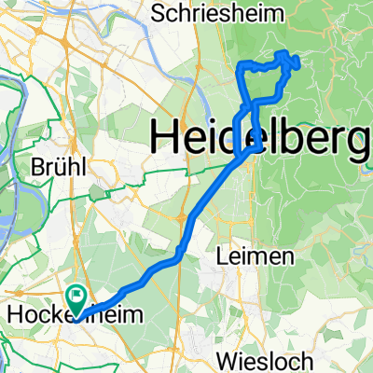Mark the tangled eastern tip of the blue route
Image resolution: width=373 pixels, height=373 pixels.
point(293,62)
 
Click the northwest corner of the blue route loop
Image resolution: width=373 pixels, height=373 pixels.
point(242,63)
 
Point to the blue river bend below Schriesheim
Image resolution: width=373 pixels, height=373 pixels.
point(200,89)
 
